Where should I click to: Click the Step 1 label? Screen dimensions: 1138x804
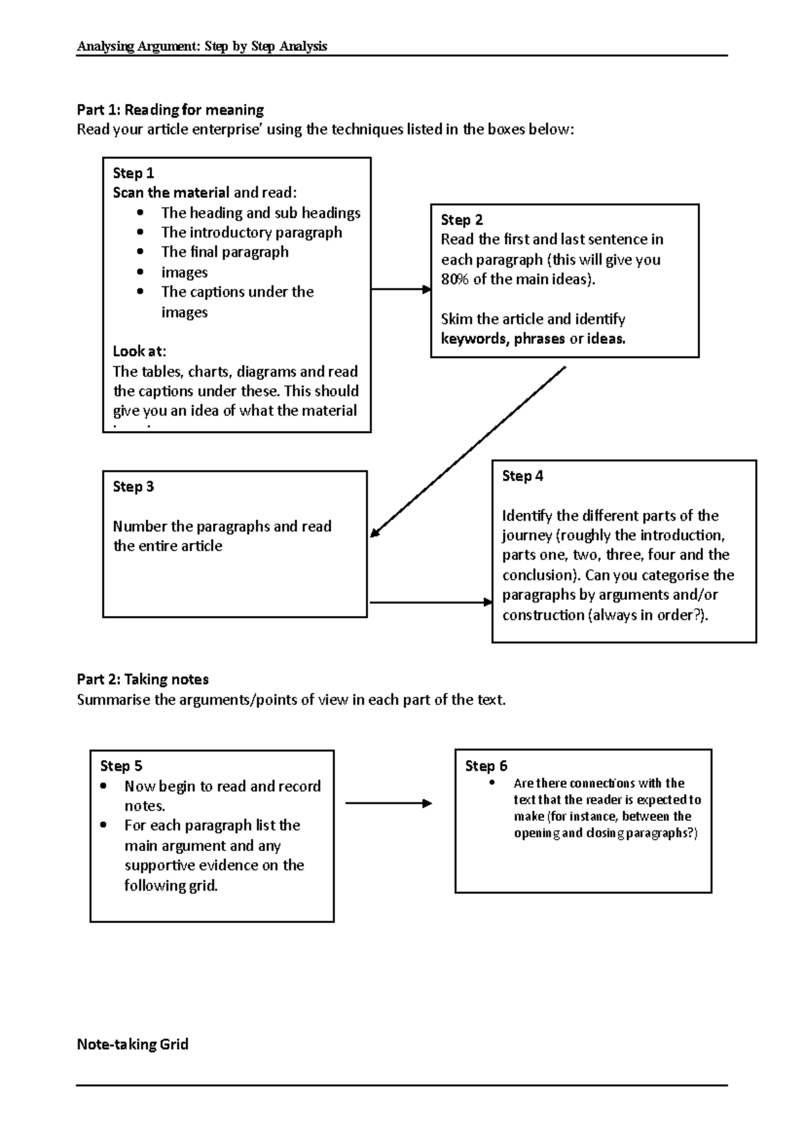(x=133, y=173)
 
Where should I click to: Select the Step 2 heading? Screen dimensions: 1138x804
(x=462, y=220)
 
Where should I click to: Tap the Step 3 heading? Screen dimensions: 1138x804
(x=133, y=487)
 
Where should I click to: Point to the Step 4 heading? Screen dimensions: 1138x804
(x=523, y=476)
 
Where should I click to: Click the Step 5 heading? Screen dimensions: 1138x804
(x=121, y=766)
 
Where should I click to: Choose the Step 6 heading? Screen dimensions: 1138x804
(x=486, y=766)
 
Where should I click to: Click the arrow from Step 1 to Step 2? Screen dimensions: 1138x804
(x=400, y=290)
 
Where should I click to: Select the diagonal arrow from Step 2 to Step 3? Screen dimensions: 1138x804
(x=469, y=452)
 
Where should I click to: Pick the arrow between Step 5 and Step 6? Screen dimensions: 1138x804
(x=389, y=804)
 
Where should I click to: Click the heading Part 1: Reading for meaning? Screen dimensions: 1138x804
(x=170, y=109)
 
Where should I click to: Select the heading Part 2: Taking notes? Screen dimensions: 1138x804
(x=143, y=680)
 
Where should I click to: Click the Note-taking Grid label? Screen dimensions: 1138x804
(x=133, y=1044)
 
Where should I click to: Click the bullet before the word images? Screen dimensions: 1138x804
(x=140, y=272)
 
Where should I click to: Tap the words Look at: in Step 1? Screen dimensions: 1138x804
(x=139, y=351)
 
